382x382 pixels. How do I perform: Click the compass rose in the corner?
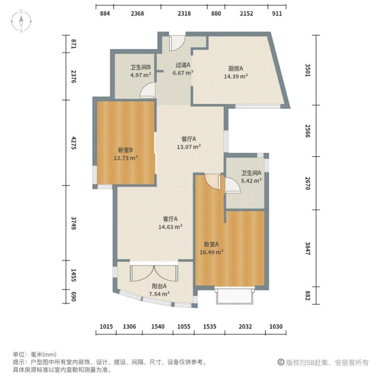22,21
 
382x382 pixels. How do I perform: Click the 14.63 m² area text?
170,227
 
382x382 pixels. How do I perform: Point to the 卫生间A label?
251,173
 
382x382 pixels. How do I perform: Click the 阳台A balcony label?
159,286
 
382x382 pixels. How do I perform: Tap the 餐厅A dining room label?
189,139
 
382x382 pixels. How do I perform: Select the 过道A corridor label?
183,65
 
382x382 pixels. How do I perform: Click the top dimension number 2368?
138,14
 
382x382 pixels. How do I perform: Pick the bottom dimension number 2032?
245,327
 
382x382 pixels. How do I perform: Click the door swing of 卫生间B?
147,92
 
